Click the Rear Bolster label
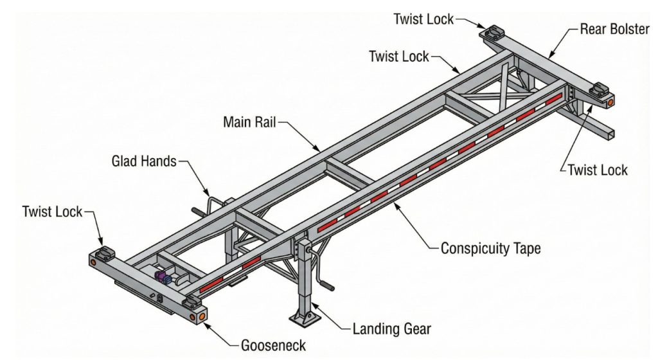(x=614, y=30)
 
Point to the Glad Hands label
(x=143, y=161)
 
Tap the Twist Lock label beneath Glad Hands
(x=52, y=211)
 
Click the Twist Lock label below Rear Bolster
(x=597, y=170)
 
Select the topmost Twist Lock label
(x=423, y=19)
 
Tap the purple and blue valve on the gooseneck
(x=163, y=277)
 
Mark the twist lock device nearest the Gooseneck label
(x=191, y=302)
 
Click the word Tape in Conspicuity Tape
(x=527, y=248)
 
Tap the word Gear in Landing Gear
(x=418, y=330)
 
